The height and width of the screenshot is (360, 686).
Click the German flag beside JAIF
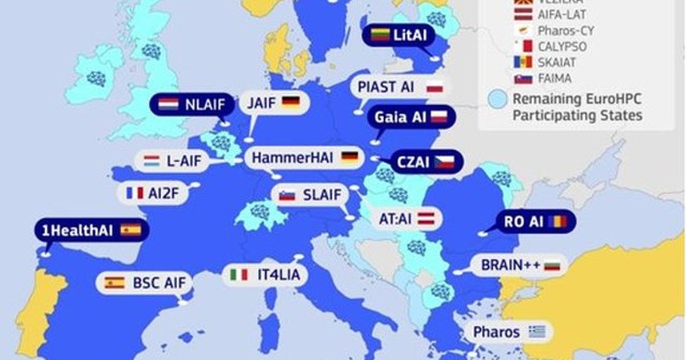pyautogui.click(x=291, y=103)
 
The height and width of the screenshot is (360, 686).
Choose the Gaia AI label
pyautogui.click(x=400, y=117)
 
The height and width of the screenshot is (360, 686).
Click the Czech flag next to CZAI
pyautogui.click(x=444, y=161)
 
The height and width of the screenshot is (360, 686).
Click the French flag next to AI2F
pyautogui.click(x=135, y=193)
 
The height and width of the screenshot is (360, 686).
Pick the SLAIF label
pyautogui.click(x=322, y=195)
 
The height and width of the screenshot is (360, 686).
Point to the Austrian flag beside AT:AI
pyautogui.click(x=427, y=218)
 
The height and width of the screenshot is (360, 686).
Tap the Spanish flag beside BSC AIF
pyautogui.click(x=114, y=282)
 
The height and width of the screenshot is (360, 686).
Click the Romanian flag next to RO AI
pyautogui.click(x=557, y=222)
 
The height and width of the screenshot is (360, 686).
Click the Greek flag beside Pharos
pyautogui.click(x=537, y=332)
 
